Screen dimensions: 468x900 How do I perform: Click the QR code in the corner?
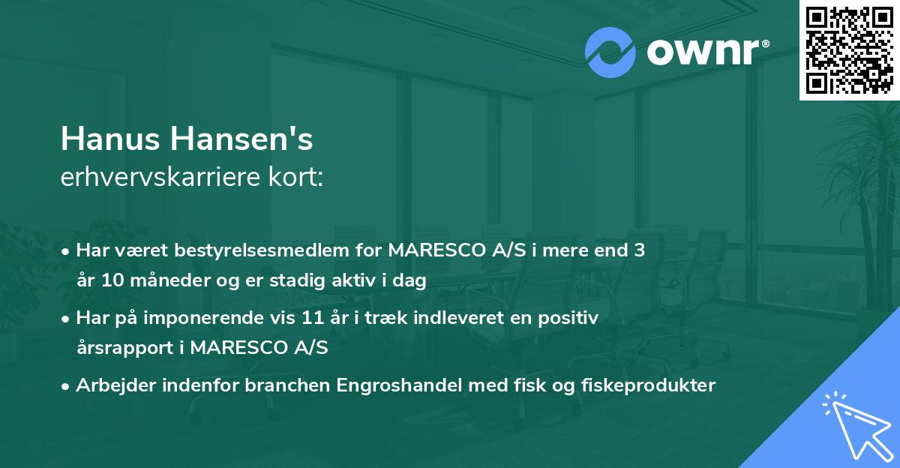point(849,49)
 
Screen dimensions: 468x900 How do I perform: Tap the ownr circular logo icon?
point(610,52)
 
